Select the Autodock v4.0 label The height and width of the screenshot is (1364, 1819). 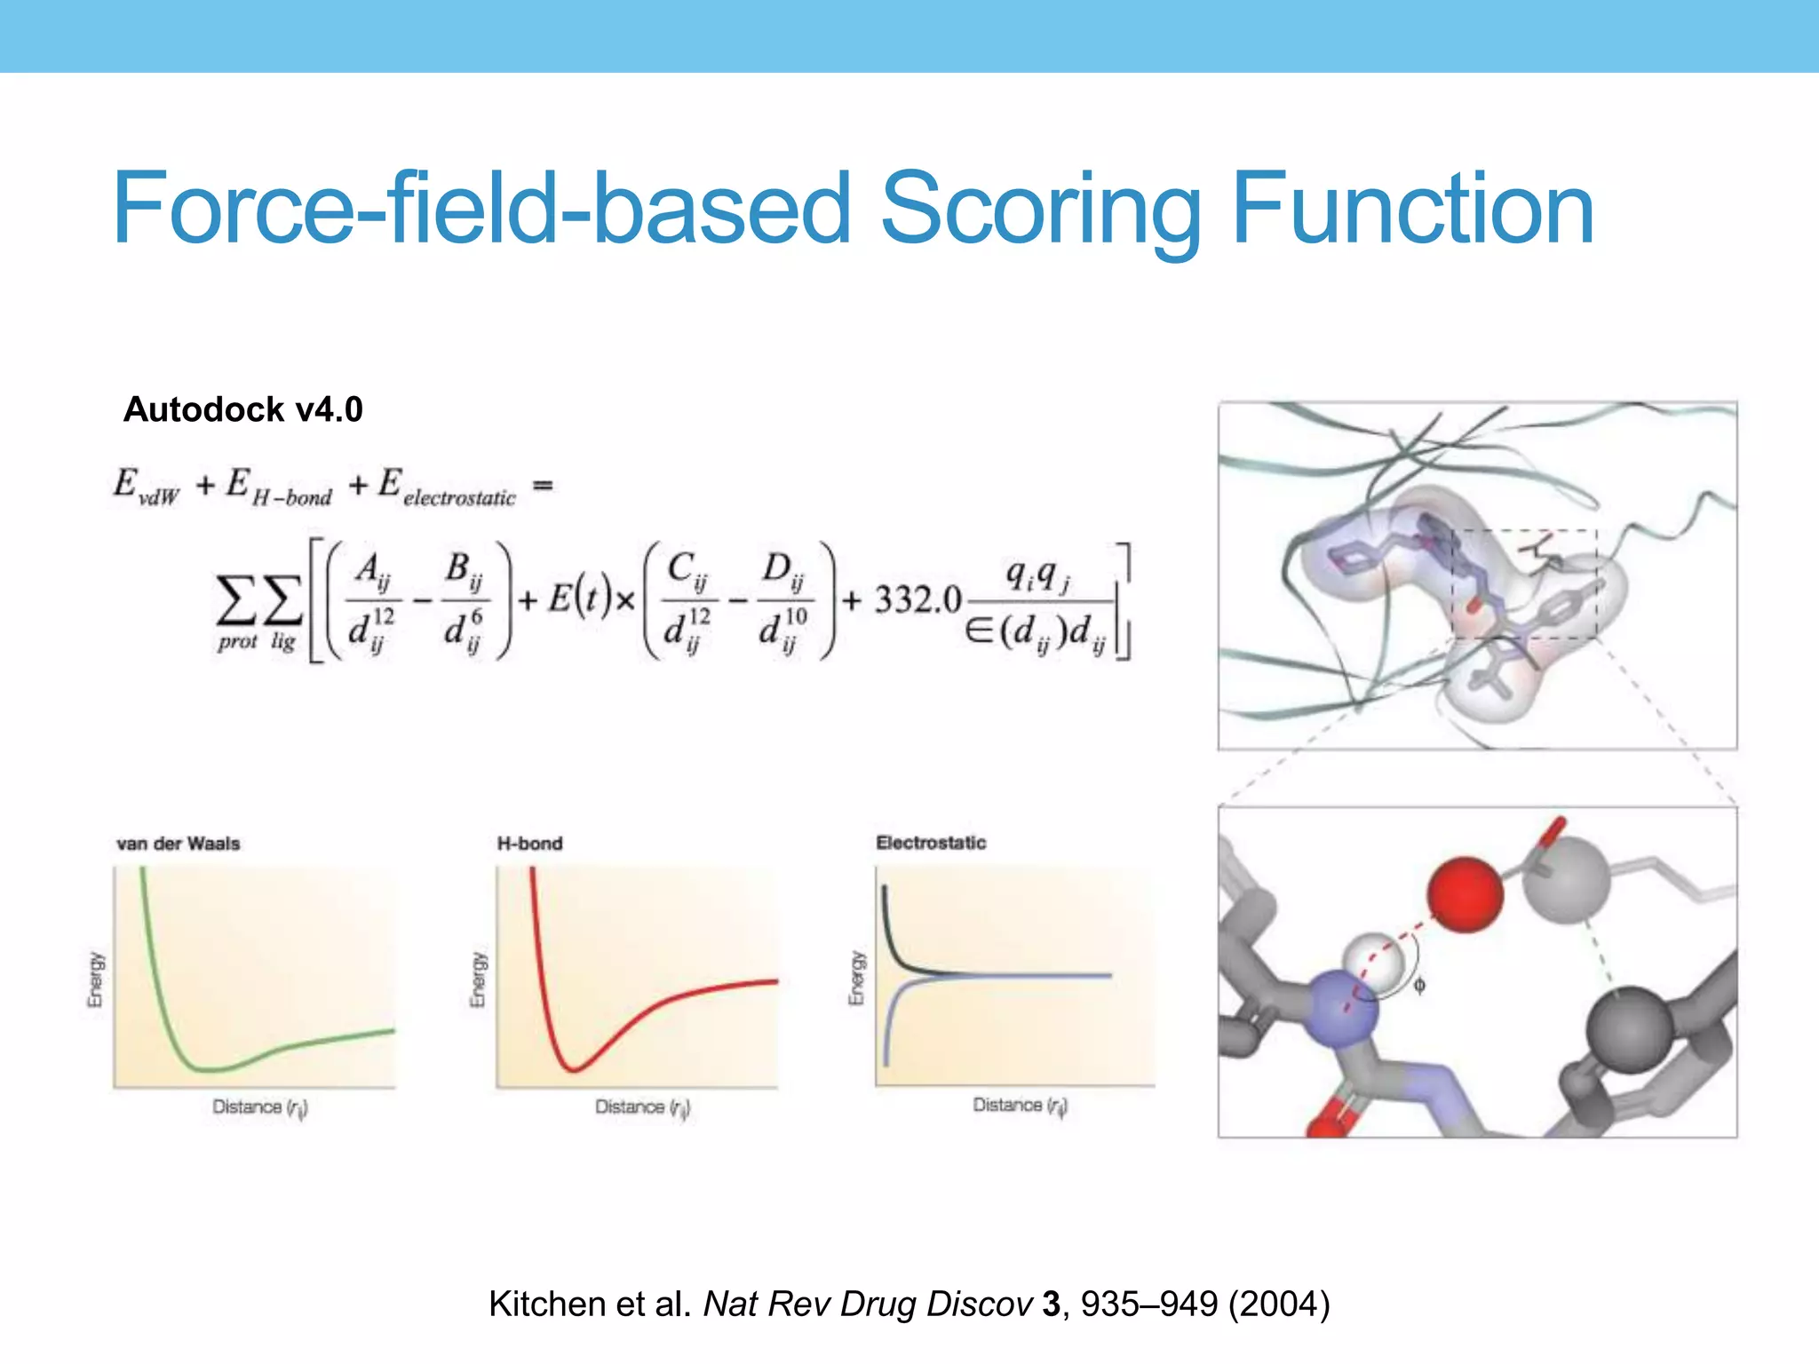click(x=242, y=409)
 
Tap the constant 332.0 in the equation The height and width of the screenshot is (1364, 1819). click(x=917, y=600)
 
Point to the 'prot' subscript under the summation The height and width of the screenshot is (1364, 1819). click(x=237, y=642)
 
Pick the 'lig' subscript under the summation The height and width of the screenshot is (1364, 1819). click(x=283, y=641)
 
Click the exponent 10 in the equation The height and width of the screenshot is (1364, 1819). click(x=796, y=615)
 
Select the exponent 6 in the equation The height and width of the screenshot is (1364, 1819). click(x=477, y=615)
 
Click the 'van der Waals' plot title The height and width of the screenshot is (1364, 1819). click(x=178, y=843)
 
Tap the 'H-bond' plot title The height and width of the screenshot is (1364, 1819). click(x=529, y=843)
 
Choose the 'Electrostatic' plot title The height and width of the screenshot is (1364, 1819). click(x=931, y=842)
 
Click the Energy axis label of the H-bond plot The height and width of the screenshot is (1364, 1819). click(x=478, y=979)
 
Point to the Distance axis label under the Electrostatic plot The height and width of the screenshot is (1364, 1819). click(x=1020, y=1106)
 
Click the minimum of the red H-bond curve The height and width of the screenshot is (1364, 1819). click(x=573, y=1068)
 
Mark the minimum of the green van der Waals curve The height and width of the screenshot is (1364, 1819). click(x=209, y=1068)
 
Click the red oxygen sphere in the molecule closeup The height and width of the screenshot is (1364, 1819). click(x=1465, y=894)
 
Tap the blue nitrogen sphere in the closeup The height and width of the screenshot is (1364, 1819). click(x=1340, y=1012)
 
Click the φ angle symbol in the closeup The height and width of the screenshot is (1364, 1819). click(x=1419, y=986)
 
